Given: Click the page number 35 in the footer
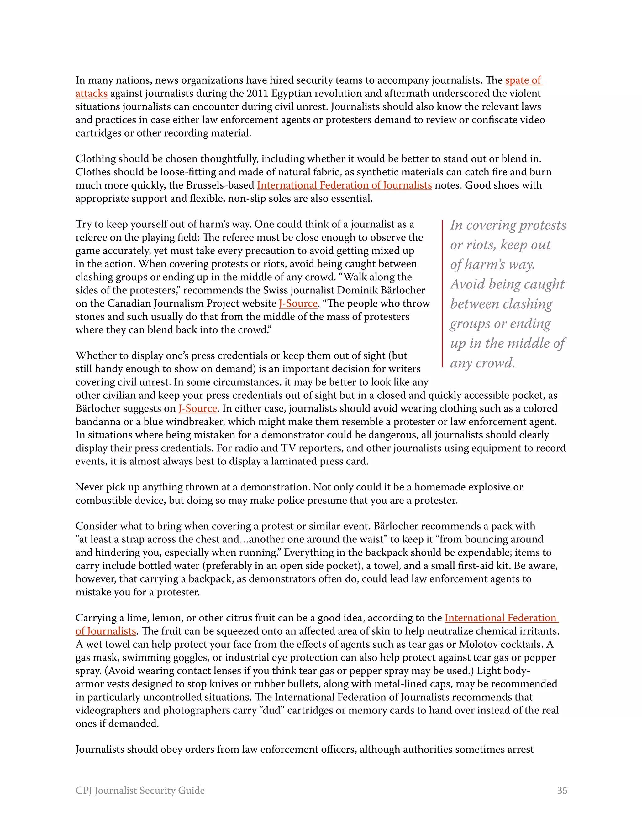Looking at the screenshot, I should point(562,791).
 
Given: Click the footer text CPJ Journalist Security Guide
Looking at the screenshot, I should point(140,791).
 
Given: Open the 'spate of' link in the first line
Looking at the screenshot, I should point(523,80).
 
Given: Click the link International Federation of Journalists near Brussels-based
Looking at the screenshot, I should point(344,185).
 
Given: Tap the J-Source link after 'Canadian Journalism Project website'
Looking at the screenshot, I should point(298,303).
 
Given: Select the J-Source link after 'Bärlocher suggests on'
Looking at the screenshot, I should point(198,408).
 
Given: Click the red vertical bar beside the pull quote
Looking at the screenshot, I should point(442,293).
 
